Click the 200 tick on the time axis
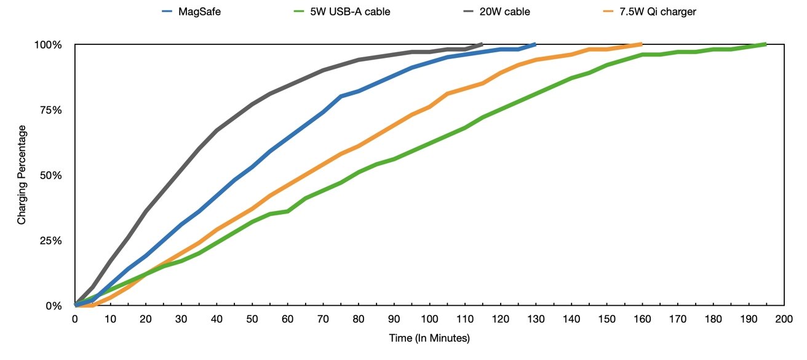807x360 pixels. (784, 319)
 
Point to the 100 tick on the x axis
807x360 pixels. (429, 319)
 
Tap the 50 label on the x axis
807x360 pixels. (252, 319)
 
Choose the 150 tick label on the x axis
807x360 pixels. (606, 319)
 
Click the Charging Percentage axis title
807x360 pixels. (22, 175)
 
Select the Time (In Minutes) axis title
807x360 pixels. (429, 338)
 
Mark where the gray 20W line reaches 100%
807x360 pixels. (482, 44)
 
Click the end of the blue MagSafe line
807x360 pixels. (535, 44)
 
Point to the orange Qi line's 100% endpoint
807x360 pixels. (641, 44)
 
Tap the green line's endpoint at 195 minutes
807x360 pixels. (765, 44)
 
